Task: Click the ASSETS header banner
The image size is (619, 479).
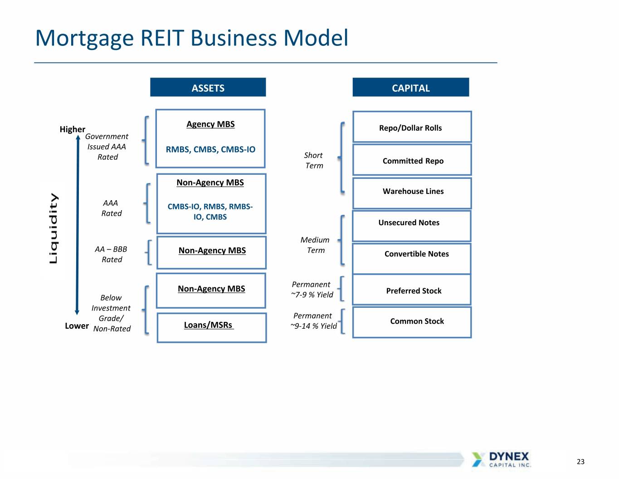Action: [208, 87]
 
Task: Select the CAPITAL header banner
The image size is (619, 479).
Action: [411, 87]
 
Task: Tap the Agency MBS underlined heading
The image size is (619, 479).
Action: [210, 124]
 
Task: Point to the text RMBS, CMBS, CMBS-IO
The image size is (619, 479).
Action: [210, 149]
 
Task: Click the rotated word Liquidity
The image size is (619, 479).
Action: [54, 228]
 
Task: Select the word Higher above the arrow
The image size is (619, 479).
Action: [73, 129]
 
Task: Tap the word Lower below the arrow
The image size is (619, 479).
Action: [77, 326]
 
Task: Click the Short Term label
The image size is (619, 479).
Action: [314, 160]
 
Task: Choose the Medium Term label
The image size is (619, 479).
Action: [315, 245]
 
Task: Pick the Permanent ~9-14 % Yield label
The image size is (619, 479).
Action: [314, 321]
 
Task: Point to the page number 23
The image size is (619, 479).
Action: [580, 461]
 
